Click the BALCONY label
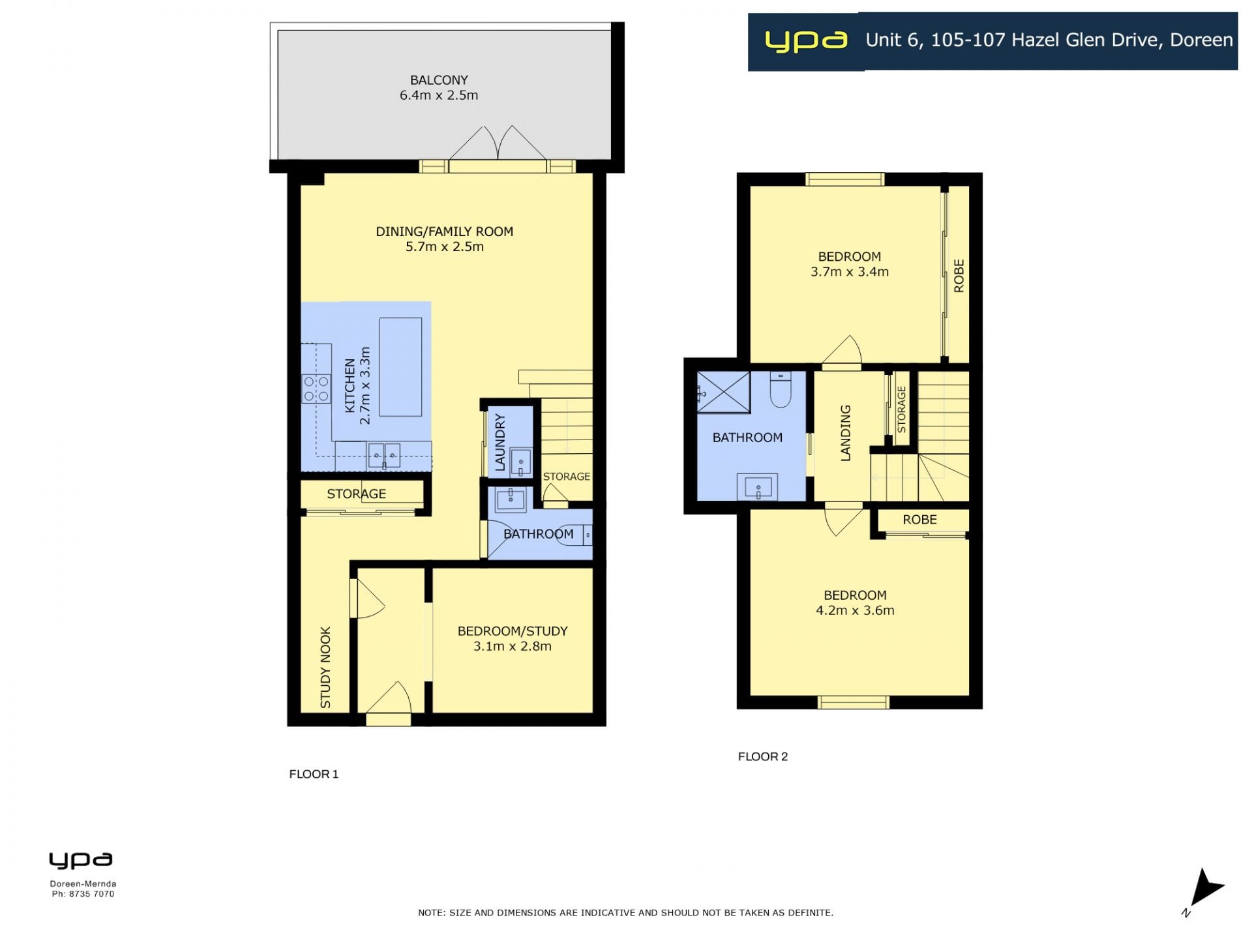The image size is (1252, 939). click(x=439, y=80)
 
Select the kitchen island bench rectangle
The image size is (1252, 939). click(x=400, y=366)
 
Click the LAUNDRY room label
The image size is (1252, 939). click(x=500, y=442)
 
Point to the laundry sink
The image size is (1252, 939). click(x=521, y=462)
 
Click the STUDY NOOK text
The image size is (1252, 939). click(x=325, y=668)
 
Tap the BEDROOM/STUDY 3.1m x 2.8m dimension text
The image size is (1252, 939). click(x=513, y=646)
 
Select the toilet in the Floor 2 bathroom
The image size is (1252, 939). click(x=781, y=389)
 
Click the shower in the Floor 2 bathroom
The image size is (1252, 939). click(x=724, y=392)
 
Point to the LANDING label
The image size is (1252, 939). click(x=846, y=433)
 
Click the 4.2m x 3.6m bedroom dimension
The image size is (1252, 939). click(x=855, y=610)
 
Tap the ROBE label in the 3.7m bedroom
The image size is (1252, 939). click(x=959, y=276)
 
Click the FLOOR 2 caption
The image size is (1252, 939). click(x=763, y=756)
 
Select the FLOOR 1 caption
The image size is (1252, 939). click(x=314, y=774)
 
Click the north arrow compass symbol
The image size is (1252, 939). click(x=1205, y=889)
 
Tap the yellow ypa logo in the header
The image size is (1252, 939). click(x=806, y=41)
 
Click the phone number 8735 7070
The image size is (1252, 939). click(x=92, y=894)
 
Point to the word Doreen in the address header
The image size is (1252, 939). click(x=1201, y=40)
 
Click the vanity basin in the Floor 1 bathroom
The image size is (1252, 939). click(x=511, y=499)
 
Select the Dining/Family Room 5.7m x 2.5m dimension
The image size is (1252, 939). click(x=445, y=246)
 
